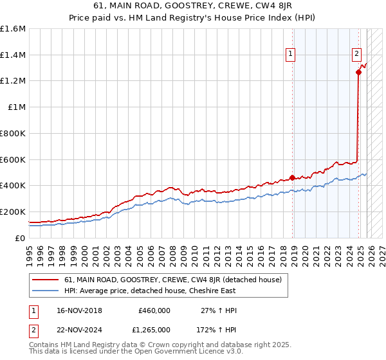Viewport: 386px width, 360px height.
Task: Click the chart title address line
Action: [192, 6]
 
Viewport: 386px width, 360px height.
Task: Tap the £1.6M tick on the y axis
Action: [13, 29]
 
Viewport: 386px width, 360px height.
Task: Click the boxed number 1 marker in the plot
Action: [291, 55]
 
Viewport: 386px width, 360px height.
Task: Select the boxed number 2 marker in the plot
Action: [356, 55]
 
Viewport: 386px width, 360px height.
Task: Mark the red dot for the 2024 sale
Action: [358, 73]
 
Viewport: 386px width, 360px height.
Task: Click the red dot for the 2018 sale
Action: [292, 177]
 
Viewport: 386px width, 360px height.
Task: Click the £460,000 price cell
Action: [154, 310]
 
